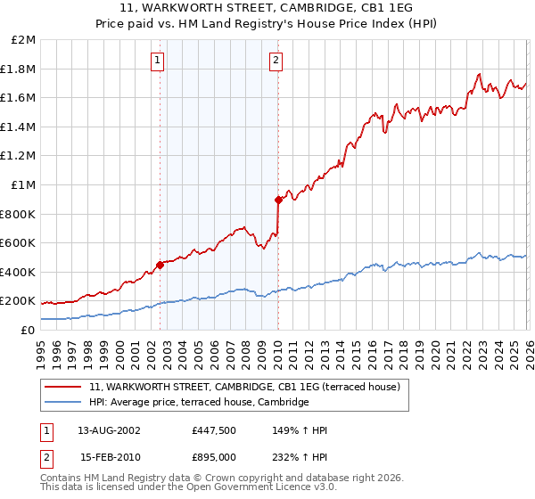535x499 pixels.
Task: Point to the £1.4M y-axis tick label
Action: click(19, 127)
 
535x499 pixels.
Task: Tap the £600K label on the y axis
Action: click(18, 243)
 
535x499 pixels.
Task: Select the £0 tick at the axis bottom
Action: click(29, 330)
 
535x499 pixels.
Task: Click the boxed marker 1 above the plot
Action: click(158, 61)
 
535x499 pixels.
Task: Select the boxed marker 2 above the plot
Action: click(276, 61)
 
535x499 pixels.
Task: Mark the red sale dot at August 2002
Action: click(160, 265)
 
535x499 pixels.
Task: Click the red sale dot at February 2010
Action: click(278, 200)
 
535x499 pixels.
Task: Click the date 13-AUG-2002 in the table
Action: click(109, 430)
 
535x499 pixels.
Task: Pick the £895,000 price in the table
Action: click(213, 457)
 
